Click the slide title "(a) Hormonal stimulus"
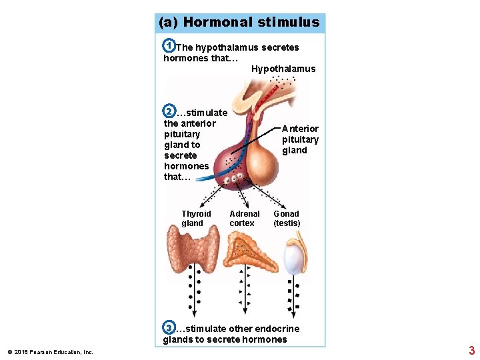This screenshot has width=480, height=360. point(239,22)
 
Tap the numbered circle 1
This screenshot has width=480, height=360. point(169,46)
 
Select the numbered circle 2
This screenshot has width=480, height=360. point(169,111)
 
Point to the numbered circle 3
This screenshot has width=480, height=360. point(169,327)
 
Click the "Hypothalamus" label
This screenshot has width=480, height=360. point(283,69)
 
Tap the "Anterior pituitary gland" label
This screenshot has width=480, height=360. point(300,139)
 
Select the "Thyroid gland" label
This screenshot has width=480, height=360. point(196,219)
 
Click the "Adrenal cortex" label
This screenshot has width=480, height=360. point(244,219)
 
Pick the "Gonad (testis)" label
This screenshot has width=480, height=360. point(287,219)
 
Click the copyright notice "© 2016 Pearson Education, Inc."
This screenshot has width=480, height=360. point(50,352)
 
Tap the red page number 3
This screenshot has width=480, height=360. point(471,350)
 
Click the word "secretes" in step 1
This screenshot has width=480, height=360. point(281,47)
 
